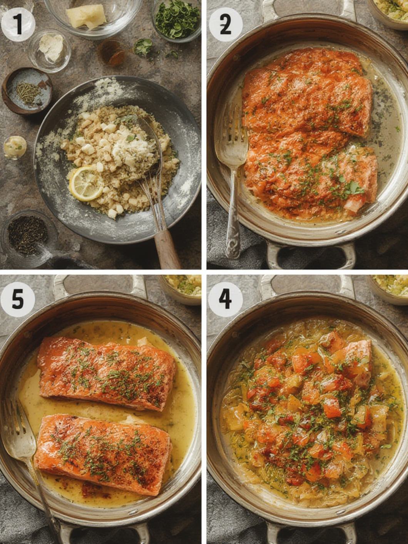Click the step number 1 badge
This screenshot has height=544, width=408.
coord(18,24)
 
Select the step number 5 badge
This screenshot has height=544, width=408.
coord(18,299)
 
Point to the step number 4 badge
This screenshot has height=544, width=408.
coord(226,299)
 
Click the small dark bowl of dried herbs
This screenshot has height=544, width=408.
coord(27,91)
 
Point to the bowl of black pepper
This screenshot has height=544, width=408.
coord(28,235)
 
